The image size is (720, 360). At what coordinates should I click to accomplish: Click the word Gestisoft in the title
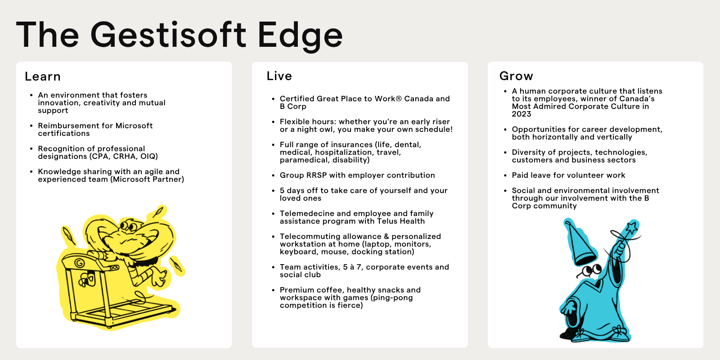pyautogui.click(x=168, y=35)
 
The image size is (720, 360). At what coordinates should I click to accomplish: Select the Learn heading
pyautogui.click(x=43, y=76)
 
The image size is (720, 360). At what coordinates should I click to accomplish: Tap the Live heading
pyautogui.click(x=279, y=76)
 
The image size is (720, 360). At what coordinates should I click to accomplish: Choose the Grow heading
pyautogui.click(x=516, y=76)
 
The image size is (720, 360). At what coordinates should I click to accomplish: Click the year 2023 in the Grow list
pyautogui.click(x=522, y=114)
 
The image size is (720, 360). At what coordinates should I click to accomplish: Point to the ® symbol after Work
pyautogui.click(x=399, y=99)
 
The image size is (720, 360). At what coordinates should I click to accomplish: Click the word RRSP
pyautogui.click(x=317, y=175)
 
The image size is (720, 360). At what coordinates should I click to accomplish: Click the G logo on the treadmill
pyautogui.click(x=79, y=263)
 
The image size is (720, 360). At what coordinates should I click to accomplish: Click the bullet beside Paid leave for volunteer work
pyautogui.click(x=506, y=175)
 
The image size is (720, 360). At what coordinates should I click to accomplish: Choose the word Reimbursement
pyautogui.click(x=66, y=126)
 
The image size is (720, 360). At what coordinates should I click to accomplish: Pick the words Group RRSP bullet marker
pyautogui.click(x=273, y=175)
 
